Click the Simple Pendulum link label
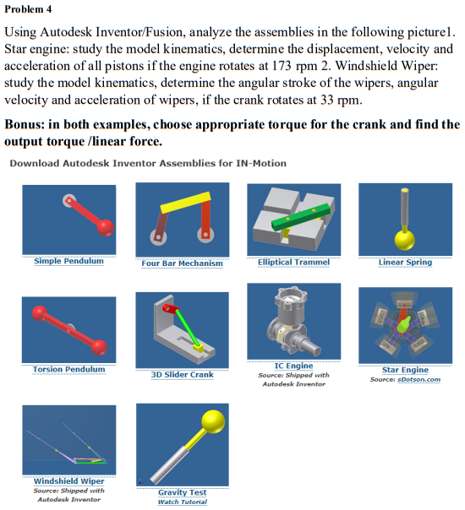68,261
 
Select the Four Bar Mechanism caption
182,263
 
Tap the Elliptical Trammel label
293,262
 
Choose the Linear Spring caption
405,262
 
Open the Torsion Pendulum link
68,369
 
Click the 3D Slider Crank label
182,374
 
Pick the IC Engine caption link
293,366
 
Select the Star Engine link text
405,370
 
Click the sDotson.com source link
418,379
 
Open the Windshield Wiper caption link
68,480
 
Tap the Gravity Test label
182,491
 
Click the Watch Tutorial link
182,502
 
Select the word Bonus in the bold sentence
25,124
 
